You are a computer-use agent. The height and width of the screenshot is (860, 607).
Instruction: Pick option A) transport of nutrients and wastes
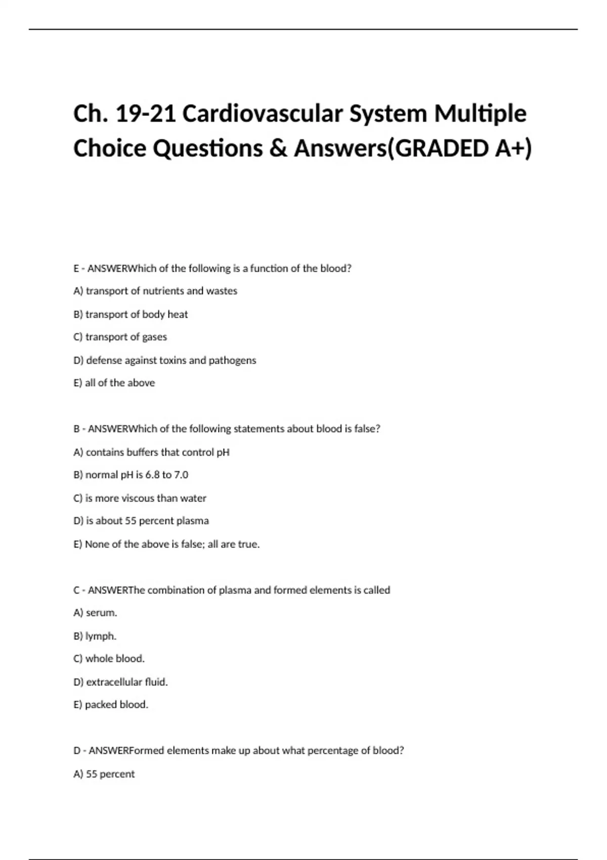(x=155, y=291)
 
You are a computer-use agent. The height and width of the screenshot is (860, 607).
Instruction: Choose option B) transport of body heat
(x=131, y=314)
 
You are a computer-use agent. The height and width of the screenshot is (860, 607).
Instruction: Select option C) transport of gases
(x=120, y=337)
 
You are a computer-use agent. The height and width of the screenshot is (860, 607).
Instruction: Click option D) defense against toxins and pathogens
(x=165, y=360)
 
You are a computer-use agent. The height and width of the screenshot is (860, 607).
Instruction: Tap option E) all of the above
(x=114, y=383)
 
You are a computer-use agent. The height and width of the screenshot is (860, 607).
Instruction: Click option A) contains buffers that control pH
(x=151, y=452)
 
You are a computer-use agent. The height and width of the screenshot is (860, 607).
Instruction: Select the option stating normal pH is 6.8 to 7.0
(x=131, y=475)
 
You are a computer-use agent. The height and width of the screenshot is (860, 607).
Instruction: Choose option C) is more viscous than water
(x=140, y=498)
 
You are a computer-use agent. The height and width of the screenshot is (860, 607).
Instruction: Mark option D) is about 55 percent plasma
(x=141, y=521)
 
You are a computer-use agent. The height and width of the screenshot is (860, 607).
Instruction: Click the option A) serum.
(x=95, y=613)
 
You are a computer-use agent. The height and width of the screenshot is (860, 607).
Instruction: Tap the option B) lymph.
(x=95, y=636)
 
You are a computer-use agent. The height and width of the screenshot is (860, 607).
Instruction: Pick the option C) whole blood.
(x=109, y=659)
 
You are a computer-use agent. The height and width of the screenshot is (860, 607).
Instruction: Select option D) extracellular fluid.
(x=120, y=682)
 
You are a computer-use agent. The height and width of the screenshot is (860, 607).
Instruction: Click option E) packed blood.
(x=111, y=705)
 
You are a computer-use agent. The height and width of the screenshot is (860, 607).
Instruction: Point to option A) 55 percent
(x=104, y=774)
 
